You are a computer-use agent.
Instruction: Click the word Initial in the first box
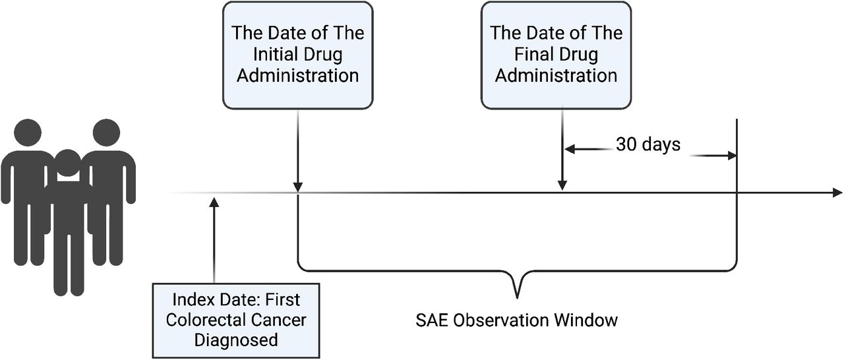click(272, 54)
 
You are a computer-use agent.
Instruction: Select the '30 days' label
click(648, 144)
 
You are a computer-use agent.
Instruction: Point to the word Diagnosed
click(236, 340)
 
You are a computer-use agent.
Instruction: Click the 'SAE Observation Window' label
click(516, 320)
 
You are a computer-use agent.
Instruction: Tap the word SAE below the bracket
click(432, 320)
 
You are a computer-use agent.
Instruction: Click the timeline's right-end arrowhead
click(837, 193)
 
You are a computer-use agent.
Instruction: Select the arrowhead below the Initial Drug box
click(297, 187)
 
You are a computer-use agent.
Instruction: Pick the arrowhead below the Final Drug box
click(562, 185)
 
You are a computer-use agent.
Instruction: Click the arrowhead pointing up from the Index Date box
click(214, 202)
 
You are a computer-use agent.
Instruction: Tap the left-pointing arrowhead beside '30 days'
click(570, 150)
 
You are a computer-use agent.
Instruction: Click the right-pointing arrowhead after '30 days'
click(732, 156)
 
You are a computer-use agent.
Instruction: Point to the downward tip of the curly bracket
click(517, 298)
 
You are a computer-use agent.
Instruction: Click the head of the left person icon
click(28, 133)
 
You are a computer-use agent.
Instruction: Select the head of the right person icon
click(106, 133)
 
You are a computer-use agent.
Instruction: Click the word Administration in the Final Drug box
click(556, 76)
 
